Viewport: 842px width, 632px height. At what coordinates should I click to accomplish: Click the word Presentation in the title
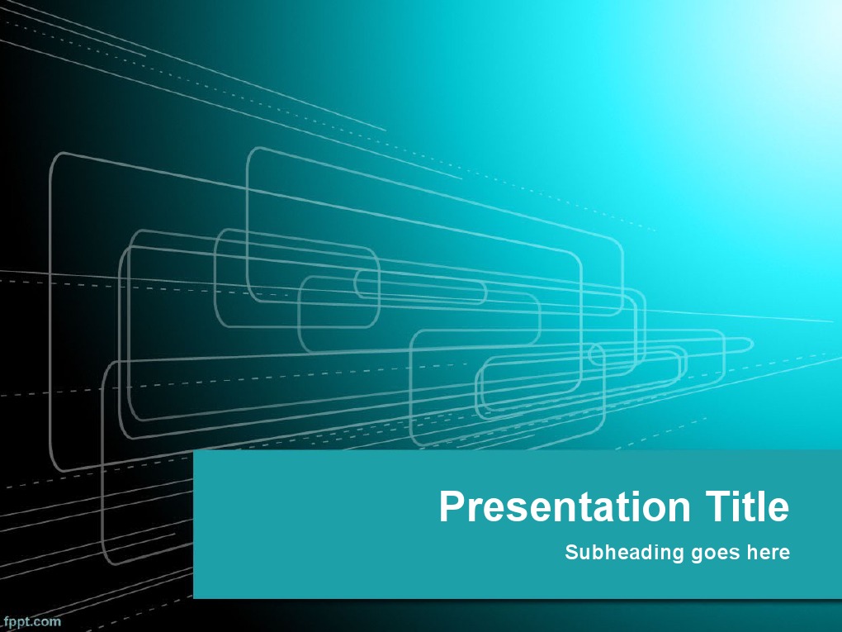tap(565, 506)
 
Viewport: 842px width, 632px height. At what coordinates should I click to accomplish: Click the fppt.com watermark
tap(31, 622)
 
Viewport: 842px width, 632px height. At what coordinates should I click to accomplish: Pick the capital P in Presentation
tap(452, 506)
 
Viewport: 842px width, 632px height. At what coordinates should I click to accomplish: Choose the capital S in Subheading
tap(571, 552)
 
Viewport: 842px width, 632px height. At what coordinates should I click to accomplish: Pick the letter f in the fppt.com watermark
tap(4, 622)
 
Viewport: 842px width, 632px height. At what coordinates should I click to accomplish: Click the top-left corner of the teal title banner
tap(194, 450)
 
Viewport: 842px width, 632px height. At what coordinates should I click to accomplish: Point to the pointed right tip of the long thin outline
tap(753, 344)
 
